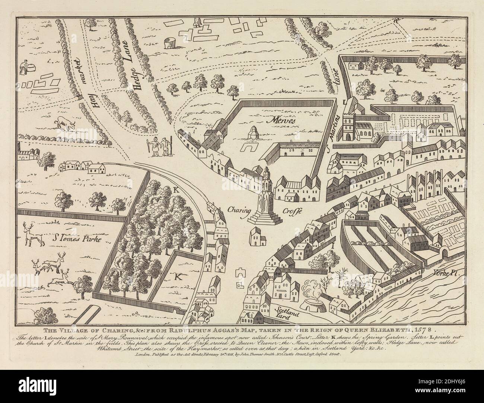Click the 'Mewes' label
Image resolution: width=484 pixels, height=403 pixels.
click(277, 121)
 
